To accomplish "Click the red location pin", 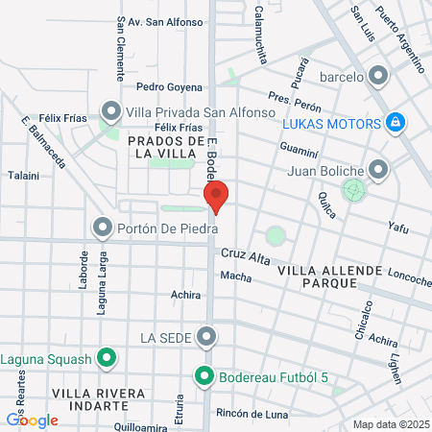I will click(217, 197).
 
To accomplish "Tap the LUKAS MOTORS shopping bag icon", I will click(395, 123).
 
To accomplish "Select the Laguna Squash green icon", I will click(108, 359).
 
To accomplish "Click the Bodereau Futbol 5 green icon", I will click(203, 376).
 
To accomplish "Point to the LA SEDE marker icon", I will click(206, 337).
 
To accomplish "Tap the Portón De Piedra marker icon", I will click(103, 227).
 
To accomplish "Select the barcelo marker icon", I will click(378, 76).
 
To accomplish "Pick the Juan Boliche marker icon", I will click(379, 171).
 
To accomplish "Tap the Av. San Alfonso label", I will click(166, 22).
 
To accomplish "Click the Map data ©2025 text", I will click(388, 424).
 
